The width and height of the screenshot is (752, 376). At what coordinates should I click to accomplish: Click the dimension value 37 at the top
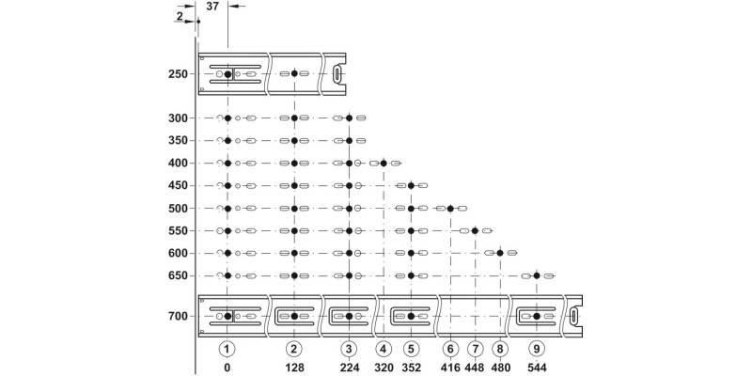click(x=212, y=7)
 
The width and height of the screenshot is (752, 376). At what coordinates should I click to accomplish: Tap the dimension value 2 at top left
click(x=178, y=16)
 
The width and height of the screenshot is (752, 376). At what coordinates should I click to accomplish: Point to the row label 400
click(x=179, y=163)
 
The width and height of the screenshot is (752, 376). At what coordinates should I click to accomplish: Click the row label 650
click(x=179, y=275)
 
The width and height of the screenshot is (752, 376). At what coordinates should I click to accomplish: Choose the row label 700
click(x=179, y=316)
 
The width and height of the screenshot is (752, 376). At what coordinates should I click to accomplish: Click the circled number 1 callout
click(x=227, y=348)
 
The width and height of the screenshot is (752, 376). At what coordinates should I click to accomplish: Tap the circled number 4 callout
click(x=384, y=348)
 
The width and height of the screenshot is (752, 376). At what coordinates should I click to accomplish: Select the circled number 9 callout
click(x=536, y=348)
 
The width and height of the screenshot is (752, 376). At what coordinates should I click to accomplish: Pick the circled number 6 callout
click(x=450, y=348)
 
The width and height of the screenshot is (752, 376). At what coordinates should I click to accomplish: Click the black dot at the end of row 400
click(x=384, y=163)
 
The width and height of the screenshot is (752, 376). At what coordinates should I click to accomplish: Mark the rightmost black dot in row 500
click(x=450, y=208)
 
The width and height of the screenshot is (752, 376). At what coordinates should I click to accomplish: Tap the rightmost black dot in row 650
click(x=536, y=275)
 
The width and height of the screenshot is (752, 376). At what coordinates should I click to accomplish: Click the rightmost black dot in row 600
click(x=500, y=253)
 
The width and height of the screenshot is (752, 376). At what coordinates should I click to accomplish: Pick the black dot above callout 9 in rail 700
click(x=536, y=316)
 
